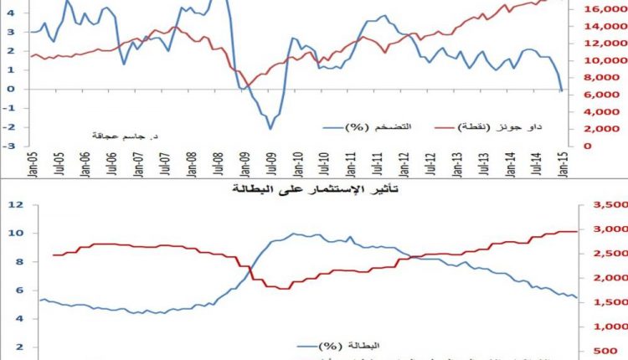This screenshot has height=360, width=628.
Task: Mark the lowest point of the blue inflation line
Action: pos(270,128)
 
